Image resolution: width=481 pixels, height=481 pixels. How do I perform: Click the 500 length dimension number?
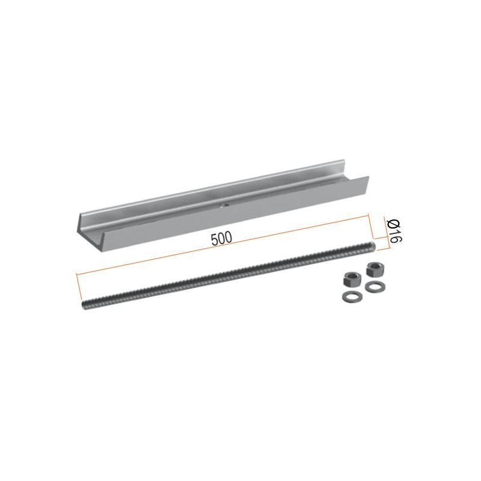221,239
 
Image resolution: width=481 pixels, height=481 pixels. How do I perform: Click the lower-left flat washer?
352,296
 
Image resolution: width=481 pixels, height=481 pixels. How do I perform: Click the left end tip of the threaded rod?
84,305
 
